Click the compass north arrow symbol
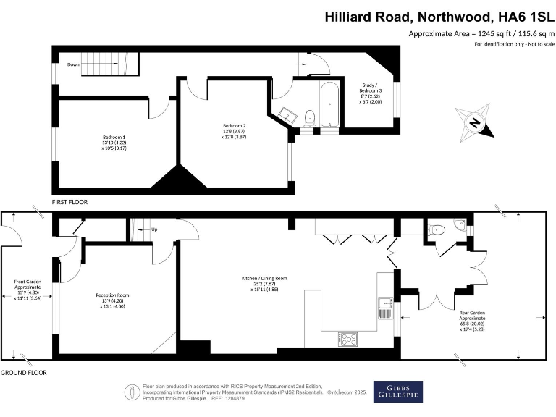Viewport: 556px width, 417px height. pos(474,122)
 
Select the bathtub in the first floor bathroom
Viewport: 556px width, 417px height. pos(328,101)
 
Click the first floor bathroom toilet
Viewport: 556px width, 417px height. pos(309,117)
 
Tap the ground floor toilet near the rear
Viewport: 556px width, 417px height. pos(437,229)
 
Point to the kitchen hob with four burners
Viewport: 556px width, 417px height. pos(348,338)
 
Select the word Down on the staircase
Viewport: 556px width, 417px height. pos(74,64)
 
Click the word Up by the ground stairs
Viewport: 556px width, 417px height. pos(154,229)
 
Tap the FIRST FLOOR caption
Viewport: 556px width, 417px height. pos(69,203)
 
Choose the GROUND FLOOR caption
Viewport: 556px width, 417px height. pos(23,372)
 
